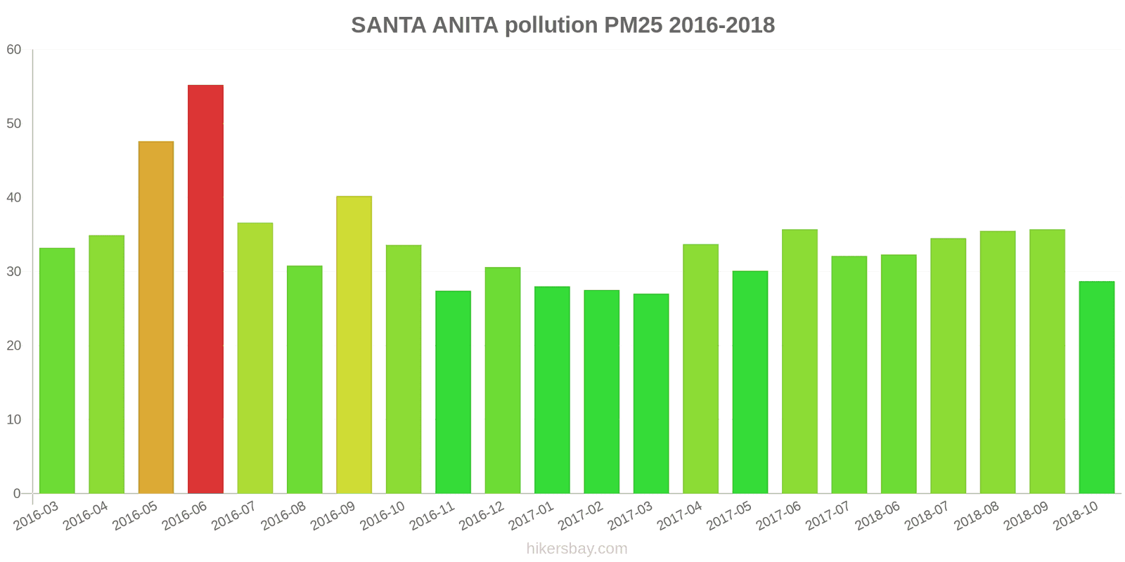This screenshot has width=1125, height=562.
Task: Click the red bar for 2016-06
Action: coord(205,289)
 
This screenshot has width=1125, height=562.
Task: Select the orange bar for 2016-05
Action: coord(156,318)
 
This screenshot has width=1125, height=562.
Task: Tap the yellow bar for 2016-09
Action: coord(354,345)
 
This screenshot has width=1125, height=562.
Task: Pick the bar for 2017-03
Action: coord(651,393)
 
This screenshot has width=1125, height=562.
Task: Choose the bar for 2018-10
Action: coord(1096,387)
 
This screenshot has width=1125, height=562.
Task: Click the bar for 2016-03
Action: coord(57,371)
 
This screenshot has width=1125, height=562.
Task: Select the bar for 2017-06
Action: coord(799,361)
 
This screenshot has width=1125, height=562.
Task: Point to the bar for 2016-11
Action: coord(453,392)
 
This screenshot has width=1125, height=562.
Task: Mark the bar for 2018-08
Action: coord(998,362)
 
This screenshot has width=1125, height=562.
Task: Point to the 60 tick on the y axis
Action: coord(14,50)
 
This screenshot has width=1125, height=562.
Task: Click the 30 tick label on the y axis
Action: coord(14,272)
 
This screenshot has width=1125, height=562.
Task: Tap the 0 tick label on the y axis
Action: coord(17,494)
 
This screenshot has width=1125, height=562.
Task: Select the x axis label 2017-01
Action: coord(532,516)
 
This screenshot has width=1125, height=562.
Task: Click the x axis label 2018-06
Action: coord(877,516)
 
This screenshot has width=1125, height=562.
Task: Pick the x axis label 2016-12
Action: coord(482,516)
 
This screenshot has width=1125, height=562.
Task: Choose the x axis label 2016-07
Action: coord(234,516)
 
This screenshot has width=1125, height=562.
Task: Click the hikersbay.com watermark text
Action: coord(577,549)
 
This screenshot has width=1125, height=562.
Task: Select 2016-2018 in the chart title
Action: coord(721,25)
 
